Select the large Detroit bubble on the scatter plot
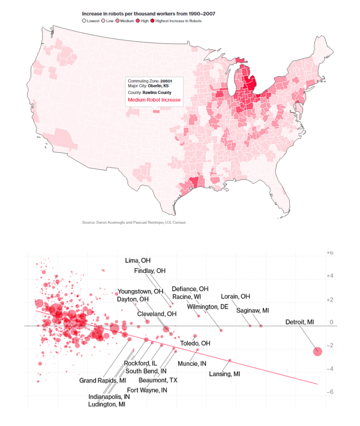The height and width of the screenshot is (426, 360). (318, 351)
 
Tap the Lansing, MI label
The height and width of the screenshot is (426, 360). (225, 374)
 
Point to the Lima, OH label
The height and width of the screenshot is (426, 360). (138, 260)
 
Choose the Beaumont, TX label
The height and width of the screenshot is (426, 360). (158, 380)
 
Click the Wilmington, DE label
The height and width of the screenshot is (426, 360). (208, 307)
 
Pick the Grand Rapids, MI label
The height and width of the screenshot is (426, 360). (103, 380)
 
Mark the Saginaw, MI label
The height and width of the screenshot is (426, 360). (253, 310)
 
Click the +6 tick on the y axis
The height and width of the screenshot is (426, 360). (330, 253)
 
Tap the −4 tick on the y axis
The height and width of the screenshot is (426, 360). (330, 369)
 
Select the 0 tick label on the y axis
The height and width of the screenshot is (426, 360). (332, 322)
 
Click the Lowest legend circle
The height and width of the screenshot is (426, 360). (84, 21)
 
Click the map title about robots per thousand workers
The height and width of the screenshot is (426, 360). (149, 14)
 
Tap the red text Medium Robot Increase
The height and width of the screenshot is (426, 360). (154, 100)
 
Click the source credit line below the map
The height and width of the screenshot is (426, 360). (134, 223)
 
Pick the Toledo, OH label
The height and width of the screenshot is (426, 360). (195, 343)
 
